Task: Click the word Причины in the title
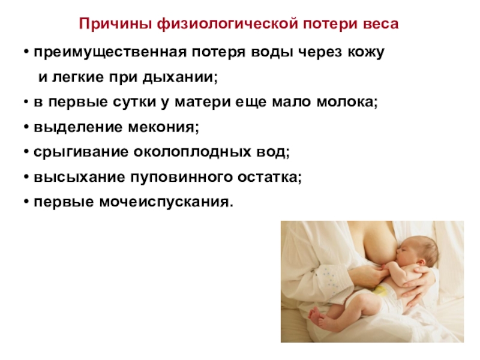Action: (x=115, y=24)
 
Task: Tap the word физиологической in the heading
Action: (x=227, y=24)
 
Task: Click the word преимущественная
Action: (x=110, y=52)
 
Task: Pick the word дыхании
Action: (x=180, y=77)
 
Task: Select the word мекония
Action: (x=163, y=127)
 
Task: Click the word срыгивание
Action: (x=81, y=152)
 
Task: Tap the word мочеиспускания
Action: (x=166, y=202)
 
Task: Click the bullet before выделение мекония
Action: (x=26, y=127)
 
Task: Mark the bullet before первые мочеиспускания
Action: (x=26, y=202)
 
